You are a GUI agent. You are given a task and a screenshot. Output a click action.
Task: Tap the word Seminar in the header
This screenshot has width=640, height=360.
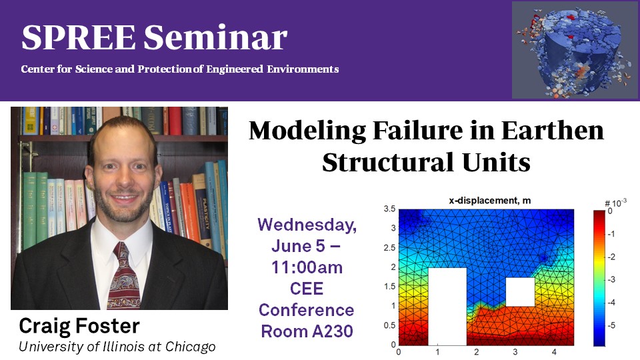[215, 37]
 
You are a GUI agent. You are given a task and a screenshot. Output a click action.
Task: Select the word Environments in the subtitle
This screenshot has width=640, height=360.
[303, 69]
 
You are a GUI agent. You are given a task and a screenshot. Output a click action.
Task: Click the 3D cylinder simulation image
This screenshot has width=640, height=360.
[575, 50]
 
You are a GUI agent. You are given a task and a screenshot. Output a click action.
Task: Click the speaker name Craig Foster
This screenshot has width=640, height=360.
[79, 327]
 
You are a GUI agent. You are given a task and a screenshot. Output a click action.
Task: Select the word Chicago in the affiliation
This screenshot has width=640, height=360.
[190, 347]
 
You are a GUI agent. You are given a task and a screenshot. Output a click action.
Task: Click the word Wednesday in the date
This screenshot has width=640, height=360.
[307, 225]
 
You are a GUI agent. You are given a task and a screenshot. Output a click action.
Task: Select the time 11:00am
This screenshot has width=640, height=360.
[307, 268]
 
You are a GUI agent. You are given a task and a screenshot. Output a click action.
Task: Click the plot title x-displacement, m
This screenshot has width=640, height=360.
[490, 201]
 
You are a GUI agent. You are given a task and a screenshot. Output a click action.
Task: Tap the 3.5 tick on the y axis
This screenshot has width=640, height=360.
[389, 209]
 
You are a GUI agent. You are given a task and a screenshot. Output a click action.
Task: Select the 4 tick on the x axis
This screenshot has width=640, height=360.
[554, 352]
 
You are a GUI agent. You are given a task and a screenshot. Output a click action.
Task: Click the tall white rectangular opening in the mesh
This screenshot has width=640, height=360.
[447, 307]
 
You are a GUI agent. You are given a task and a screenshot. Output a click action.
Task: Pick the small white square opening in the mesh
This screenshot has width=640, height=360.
[521, 292]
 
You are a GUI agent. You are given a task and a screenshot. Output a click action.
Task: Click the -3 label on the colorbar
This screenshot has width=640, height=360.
[611, 279]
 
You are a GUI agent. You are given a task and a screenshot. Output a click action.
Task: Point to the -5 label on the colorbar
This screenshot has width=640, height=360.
[611, 325]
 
